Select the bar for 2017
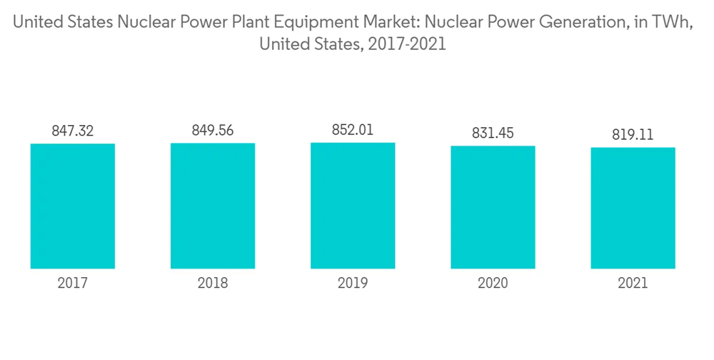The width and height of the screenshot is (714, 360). [73, 206]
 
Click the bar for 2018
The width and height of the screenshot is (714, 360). [213, 206]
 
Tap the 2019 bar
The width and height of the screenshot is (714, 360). [353, 206]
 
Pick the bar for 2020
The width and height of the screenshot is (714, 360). [493, 207]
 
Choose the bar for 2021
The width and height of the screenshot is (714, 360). [633, 208]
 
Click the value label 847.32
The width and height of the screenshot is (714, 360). [73, 131]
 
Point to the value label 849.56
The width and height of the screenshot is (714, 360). [213, 131]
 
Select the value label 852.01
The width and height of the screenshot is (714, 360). [353, 130]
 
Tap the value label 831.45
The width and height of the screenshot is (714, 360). [493, 133]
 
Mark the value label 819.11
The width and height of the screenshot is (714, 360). [633, 134]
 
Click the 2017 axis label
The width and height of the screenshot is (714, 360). [73, 284]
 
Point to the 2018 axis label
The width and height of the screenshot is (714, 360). [213, 284]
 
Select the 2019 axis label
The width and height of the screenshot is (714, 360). [353, 284]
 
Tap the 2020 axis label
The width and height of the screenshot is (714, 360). [493, 284]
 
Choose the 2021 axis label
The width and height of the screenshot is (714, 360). [633, 284]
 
